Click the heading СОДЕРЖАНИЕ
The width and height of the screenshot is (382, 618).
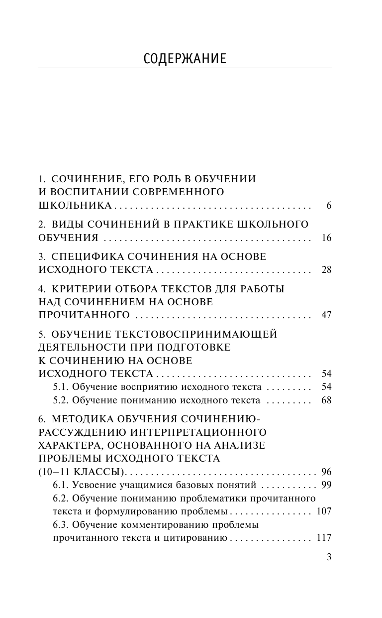pyautogui.click(x=185, y=59)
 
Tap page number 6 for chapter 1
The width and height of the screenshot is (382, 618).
pyautogui.click(x=329, y=206)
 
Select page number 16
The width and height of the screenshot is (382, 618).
pyautogui.click(x=326, y=238)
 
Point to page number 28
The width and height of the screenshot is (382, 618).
pyautogui.click(x=326, y=270)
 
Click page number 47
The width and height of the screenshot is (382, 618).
pyautogui.click(x=326, y=315)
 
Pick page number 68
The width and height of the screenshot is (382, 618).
pyautogui.click(x=326, y=400)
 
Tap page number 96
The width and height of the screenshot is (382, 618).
pyautogui.click(x=326, y=472)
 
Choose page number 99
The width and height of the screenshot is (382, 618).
pyautogui.click(x=326, y=485)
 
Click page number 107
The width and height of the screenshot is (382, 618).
pyautogui.click(x=324, y=511)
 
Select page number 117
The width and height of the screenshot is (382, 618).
pyautogui.click(x=324, y=538)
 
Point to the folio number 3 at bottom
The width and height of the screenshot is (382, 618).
pyautogui.click(x=329, y=557)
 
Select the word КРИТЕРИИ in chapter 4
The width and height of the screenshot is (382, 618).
pyautogui.click(x=85, y=289)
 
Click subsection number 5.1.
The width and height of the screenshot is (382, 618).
pyautogui.click(x=60, y=387)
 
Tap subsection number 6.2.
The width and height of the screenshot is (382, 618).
pyautogui.click(x=60, y=498)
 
